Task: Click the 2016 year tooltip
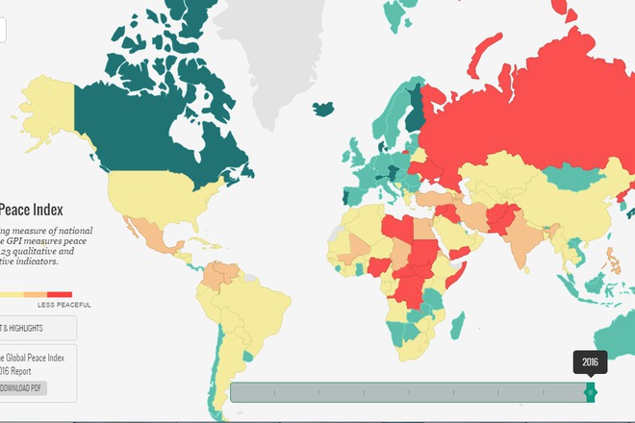point(590,362)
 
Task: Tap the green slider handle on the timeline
point(591,392)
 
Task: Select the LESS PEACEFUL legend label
point(64,306)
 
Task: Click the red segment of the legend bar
point(60,294)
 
